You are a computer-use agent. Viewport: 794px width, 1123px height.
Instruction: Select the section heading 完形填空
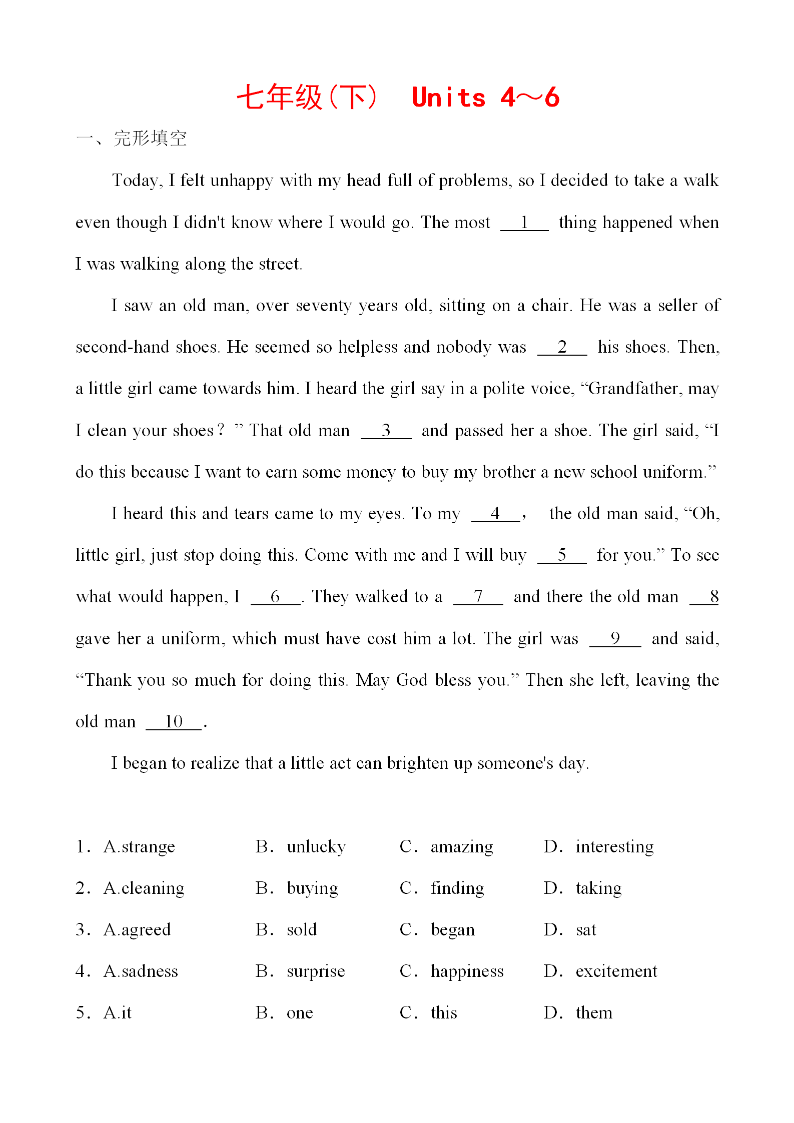click(150, 139)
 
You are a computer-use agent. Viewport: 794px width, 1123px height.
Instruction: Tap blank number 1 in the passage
click(524, 223)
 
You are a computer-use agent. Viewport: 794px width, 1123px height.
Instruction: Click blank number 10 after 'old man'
click(174, 722)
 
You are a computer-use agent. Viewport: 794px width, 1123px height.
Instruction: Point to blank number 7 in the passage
click(478, 597)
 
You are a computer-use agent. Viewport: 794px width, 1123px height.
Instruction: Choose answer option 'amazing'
click(461, 847)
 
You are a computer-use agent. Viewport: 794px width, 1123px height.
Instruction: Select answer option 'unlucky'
click(316, 847)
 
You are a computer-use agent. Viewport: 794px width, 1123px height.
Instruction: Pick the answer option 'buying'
click(312, 888)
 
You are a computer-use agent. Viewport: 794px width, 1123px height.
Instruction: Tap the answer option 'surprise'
click(316, 971)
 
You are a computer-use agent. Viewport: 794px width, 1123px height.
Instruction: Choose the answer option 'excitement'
click(616, 971)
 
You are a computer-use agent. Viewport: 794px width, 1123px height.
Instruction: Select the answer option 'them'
click(594, 1013)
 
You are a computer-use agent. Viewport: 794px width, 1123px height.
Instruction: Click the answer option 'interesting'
click(614, 847)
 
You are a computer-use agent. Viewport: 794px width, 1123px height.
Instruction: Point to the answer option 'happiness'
click(467, 971)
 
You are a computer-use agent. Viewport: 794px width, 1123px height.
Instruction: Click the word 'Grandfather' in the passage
click(632, 389)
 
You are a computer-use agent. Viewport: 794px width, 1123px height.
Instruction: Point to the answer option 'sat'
click(586, 930)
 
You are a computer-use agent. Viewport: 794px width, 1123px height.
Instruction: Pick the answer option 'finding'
click(457, 888)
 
